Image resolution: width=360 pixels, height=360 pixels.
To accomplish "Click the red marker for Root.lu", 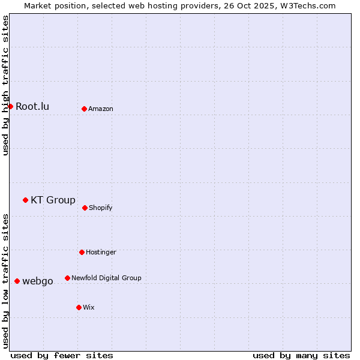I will [x=10, y=106].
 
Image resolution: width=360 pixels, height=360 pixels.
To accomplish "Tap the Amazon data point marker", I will [x=84, y=109].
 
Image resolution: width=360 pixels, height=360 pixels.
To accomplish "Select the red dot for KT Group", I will [x=25, y=200].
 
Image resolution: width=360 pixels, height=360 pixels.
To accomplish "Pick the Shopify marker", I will [x=85, y=208].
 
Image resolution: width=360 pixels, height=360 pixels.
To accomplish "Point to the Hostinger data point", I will [x=82, y=252].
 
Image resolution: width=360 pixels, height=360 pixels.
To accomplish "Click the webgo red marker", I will [x=17, y=281].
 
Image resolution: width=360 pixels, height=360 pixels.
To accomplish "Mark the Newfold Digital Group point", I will [x=67, y=278].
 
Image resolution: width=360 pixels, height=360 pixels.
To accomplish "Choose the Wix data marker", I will [x=79, y=307].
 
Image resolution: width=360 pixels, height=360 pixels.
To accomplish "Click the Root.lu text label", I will [x=32, y=106].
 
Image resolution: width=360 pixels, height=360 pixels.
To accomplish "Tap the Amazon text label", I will [x=101, y=109].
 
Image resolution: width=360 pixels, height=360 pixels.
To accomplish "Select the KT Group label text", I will [x=53, y=200].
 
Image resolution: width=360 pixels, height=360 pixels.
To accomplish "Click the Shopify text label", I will [x=101, y=208].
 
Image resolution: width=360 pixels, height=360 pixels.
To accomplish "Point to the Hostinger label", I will [x=101, y=252].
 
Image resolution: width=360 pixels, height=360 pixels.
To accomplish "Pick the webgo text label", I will [x=38, y=281].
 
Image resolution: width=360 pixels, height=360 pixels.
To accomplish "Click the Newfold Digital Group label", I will [x=106, y=278].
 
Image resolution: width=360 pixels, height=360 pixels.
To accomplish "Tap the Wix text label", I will [x=89, y=307].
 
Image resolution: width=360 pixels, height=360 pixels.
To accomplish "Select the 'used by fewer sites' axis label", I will [x=62, y=355].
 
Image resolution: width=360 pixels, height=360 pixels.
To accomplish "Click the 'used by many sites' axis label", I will [x=301, y=355].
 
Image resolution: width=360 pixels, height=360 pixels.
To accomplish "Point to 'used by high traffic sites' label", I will [x=5, y=85].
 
